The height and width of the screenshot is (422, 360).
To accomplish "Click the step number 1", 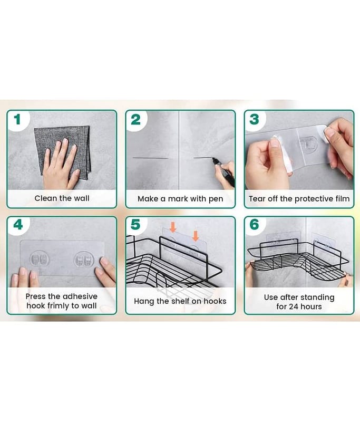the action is pos(17,120).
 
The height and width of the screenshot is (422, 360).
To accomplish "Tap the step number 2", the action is pos(136,120).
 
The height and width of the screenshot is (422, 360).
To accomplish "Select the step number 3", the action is pos(255,120).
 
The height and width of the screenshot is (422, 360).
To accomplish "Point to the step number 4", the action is pos(18,225).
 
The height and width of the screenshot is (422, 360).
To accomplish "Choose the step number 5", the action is pos(135,225).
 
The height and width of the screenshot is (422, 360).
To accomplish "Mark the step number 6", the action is pos(255,225).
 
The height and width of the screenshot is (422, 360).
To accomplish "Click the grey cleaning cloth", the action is pos(62,152).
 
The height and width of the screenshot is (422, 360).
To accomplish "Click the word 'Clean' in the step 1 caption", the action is pos(46,198).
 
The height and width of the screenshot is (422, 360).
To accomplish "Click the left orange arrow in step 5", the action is pos(173,227).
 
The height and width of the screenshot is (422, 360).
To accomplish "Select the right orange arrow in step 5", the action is pos(196,235).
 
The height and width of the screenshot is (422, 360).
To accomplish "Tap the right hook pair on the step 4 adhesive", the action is pos(84,260).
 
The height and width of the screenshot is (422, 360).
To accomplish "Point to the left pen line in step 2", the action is pos(151,158).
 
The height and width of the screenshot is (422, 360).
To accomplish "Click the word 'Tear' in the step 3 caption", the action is pos(257,199).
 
